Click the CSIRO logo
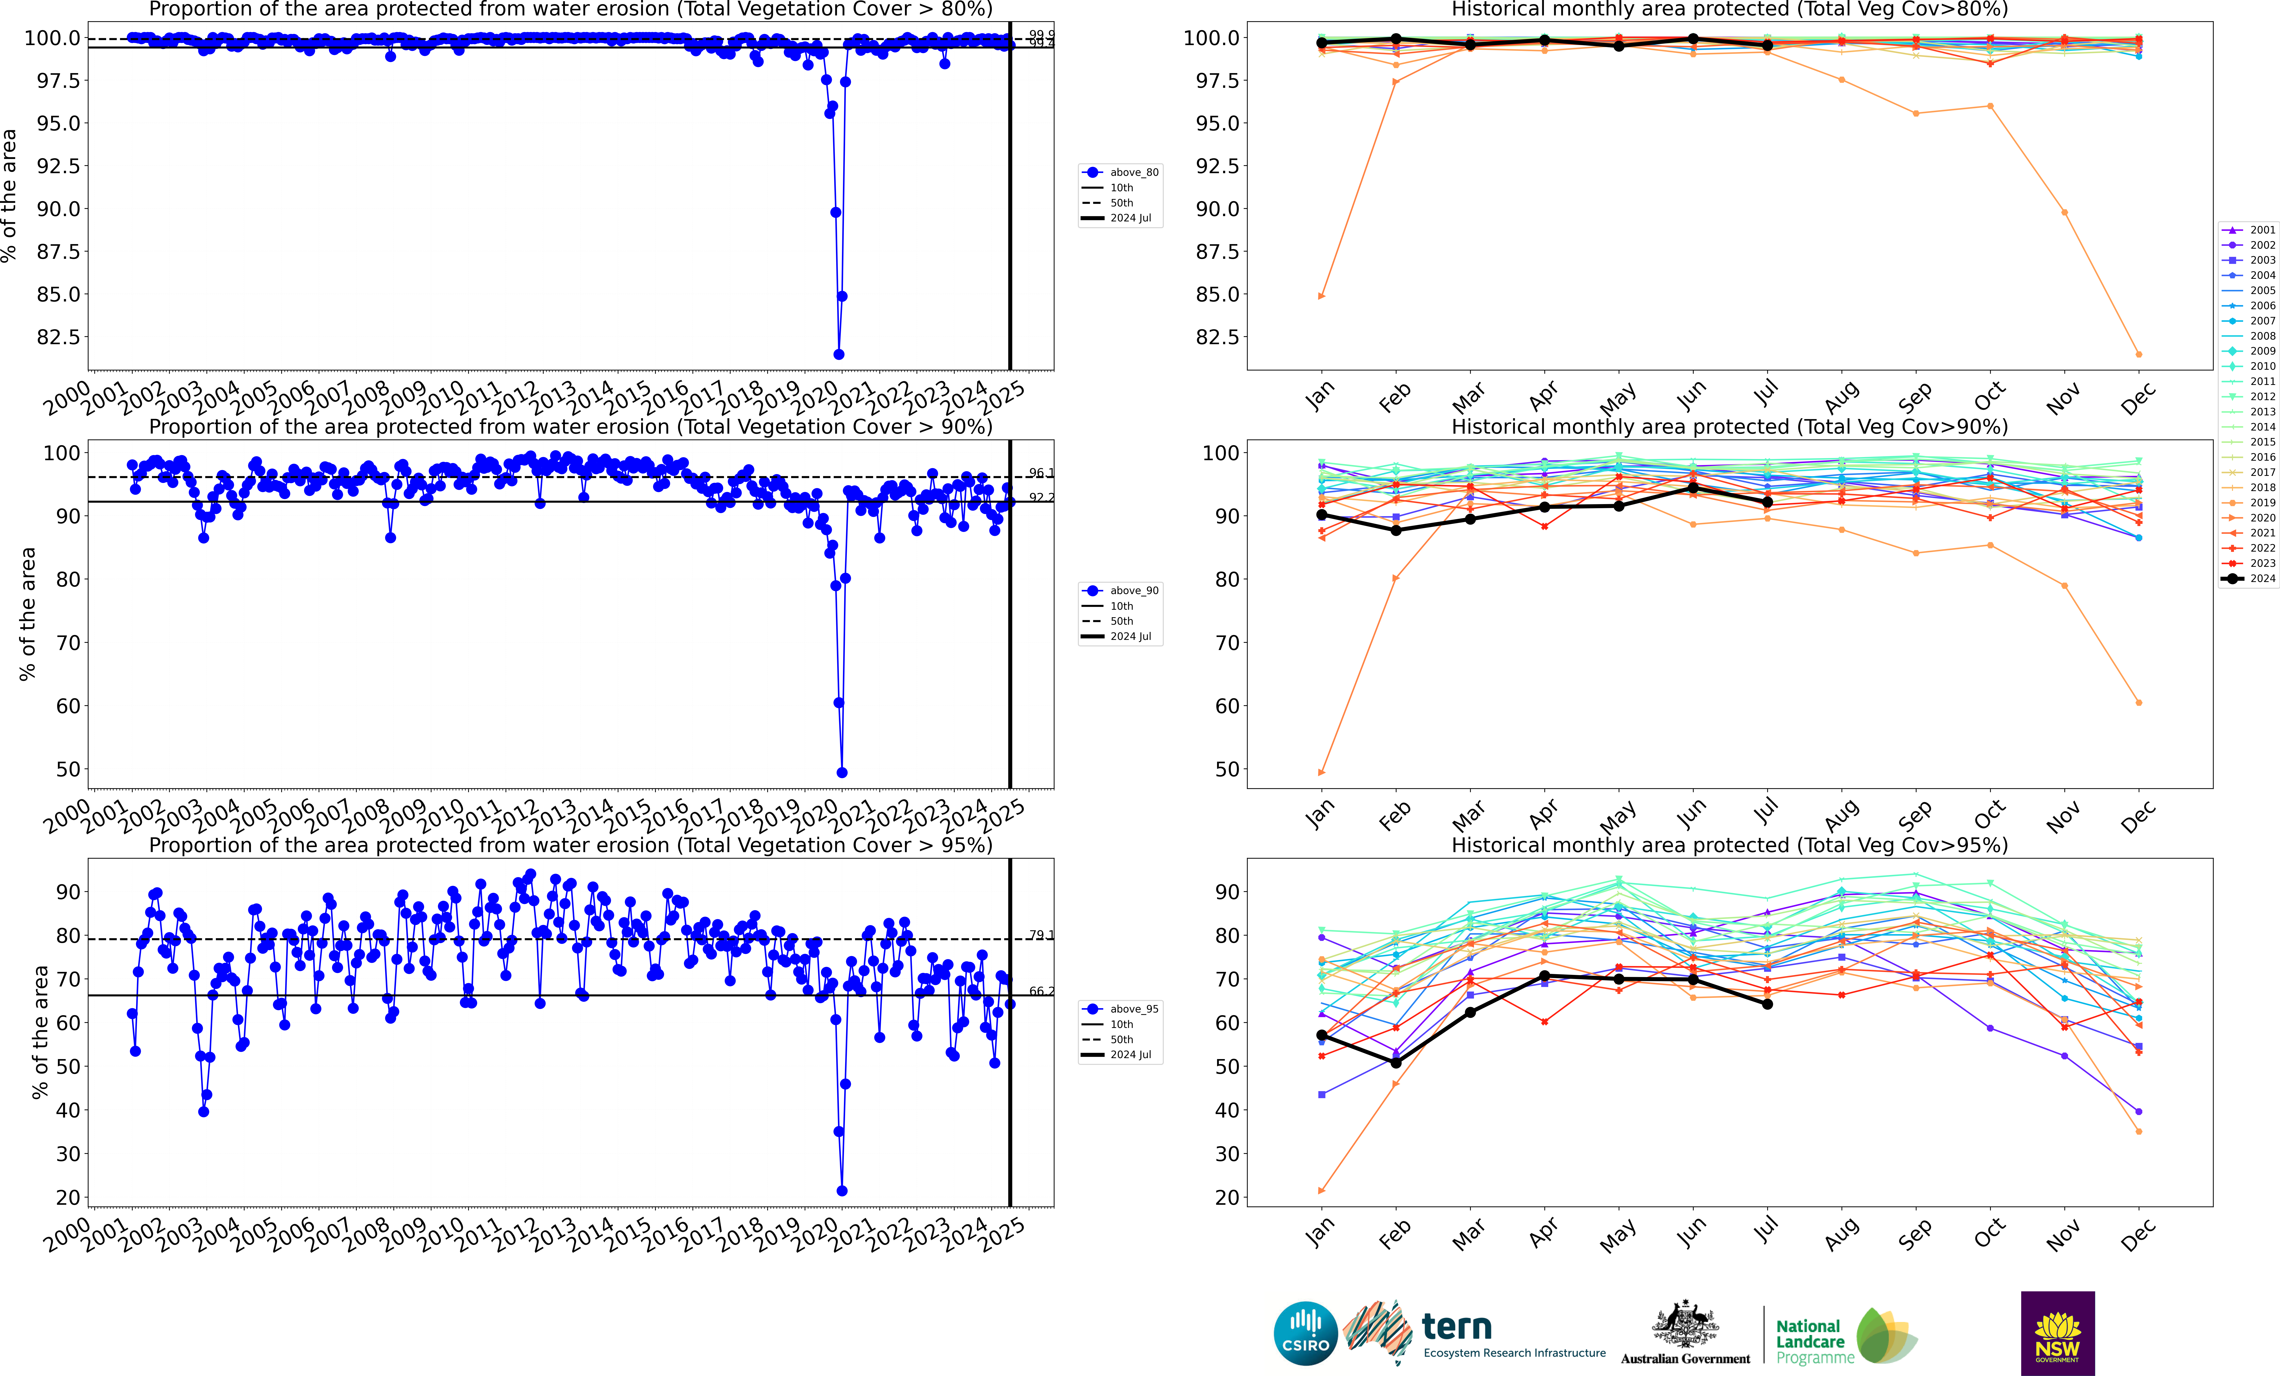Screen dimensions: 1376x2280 (x=1306, y=1334)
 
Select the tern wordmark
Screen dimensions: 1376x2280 (x=1457, y=1327)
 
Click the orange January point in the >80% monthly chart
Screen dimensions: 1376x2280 (x=1321, y=296)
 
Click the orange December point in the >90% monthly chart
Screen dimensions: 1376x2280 (x=2138, y=702)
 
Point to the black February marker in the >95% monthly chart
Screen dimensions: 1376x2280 (x=1395, y=1062)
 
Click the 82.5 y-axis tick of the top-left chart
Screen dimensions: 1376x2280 (x=57, y=337)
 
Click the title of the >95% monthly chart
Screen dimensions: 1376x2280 (x=1728, y=845)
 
